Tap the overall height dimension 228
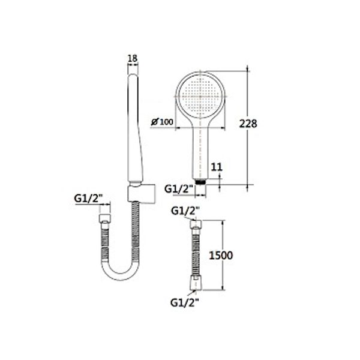click(x=248, y=124)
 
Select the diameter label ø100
click(x=163, y=122)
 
